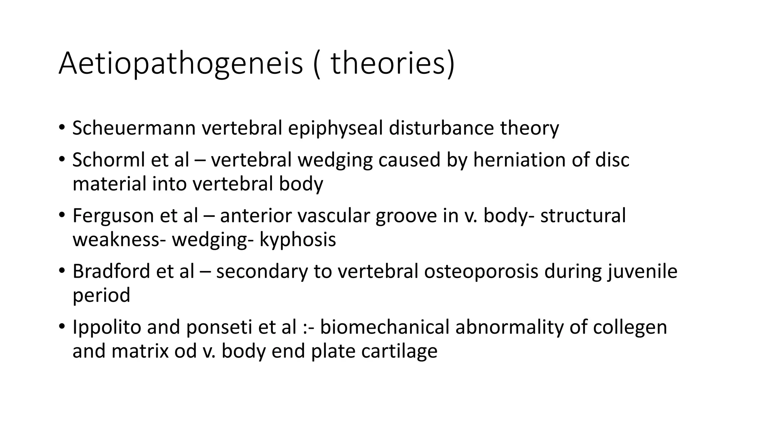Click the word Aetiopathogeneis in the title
click(x=181, y=64)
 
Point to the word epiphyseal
click(x=335, y=128)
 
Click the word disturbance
click(x=441, y=128)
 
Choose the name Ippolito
click(x=107, y=327)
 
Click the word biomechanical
click(x=384, y=327)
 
